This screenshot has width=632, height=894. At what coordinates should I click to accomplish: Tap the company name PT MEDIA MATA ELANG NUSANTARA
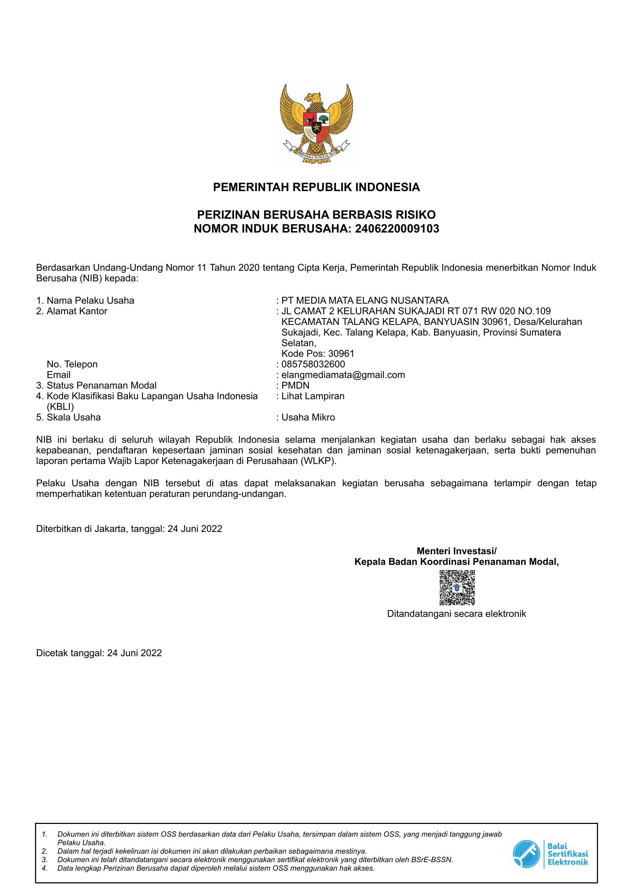[x=365, y=300]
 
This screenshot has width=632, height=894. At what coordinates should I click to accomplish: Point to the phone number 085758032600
[x=313, y=364]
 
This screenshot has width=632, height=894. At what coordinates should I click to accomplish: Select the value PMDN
[x=295, y=385]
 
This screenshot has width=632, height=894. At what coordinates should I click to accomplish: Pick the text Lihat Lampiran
[x=313, y=396]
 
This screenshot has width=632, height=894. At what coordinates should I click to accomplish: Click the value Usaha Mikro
[x=308, y=417]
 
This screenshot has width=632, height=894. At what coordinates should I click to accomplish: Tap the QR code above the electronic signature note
[x=457, y=587]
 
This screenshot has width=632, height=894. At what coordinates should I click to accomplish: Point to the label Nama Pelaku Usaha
[x=90, y=300]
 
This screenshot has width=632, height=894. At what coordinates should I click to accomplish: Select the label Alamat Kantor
[x=77, y=311]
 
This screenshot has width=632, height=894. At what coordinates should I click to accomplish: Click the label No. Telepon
[x=72, y=364]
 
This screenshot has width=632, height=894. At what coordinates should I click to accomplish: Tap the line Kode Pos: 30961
[x=318, y=354]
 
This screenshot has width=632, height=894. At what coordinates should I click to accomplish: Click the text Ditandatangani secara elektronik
[x=456, y=614]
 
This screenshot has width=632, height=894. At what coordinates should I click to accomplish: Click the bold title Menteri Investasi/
[x=456, y=551]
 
